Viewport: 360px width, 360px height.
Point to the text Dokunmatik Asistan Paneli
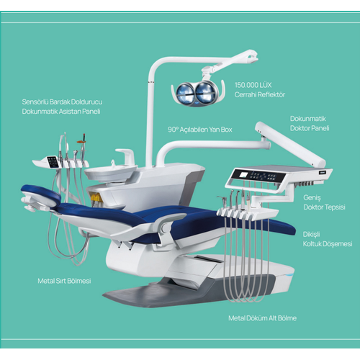click(x=61, y=112)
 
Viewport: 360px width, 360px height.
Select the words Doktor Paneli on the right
click(x=310, y=129)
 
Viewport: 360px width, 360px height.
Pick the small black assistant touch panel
click(x=52, y=161)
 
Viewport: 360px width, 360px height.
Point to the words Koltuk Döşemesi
click(x=328, y=244)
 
